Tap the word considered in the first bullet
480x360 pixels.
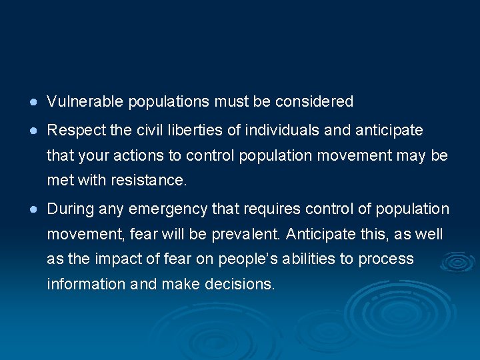317,102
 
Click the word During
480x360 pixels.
69,209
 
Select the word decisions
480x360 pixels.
242,285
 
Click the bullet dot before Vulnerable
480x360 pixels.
33,102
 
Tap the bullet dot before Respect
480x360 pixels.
33,130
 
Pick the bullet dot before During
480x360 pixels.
33,209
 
